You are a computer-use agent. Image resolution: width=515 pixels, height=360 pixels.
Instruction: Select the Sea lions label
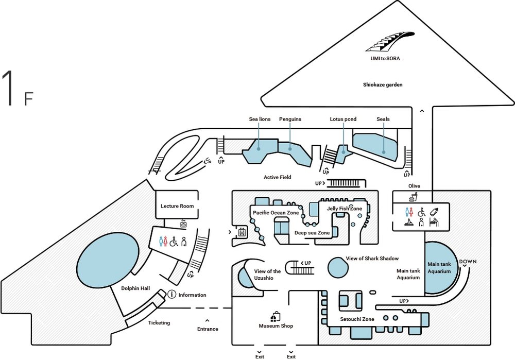coord(260,119)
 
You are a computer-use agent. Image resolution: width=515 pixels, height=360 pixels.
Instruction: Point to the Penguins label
coord(290,119)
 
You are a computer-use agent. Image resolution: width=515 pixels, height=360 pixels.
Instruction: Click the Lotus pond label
coord(343,119)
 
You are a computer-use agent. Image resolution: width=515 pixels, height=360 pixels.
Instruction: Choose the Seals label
coord(383,119)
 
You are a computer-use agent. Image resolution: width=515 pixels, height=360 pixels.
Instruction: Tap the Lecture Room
coord(177,206)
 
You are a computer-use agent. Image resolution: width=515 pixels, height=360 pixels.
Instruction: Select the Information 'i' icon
coord(172,295)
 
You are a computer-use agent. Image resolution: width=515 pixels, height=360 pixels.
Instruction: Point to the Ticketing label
coord(159,323)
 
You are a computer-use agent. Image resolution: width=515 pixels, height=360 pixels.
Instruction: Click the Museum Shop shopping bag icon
coord(276,316)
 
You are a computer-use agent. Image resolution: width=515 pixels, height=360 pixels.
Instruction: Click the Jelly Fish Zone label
coord(344,209)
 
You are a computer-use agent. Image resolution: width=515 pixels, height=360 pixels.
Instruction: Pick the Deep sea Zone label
coord(312,233)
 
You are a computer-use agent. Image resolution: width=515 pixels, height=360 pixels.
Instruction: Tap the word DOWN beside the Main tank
coord(468,262)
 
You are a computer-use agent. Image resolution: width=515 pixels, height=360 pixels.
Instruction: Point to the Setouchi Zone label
coord(357,319)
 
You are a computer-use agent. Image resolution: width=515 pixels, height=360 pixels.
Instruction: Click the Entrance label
coord(208,329)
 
